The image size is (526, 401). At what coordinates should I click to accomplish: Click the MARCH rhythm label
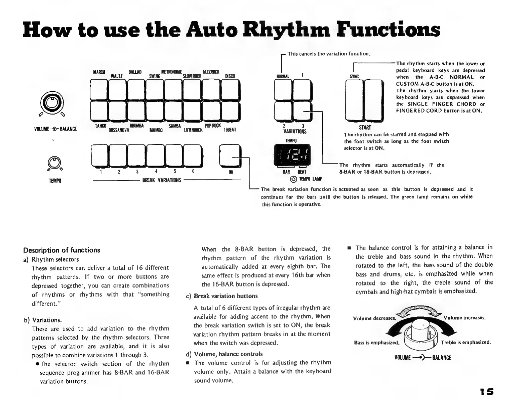click(99, 72)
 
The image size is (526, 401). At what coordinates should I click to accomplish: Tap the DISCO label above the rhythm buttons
click(230, 76)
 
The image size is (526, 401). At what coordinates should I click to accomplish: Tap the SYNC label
click(354, 77)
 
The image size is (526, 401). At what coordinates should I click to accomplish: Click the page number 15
click(487, 392)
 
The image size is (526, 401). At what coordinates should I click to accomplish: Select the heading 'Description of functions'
click(62, 250)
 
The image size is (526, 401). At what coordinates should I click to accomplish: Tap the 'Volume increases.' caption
click(464, 318)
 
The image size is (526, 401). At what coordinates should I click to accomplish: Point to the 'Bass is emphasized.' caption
click(376, 343)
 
